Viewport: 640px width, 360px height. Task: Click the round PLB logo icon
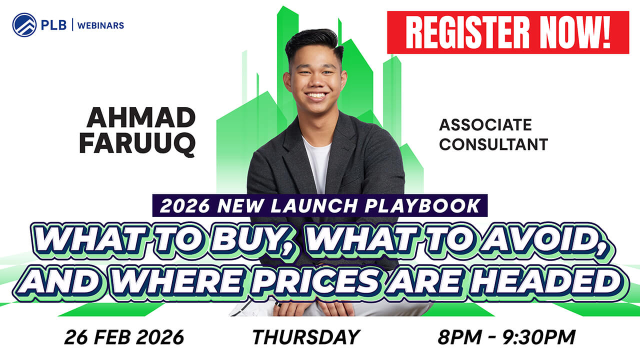(24, 24)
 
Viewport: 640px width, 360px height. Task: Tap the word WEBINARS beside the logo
(102, 25)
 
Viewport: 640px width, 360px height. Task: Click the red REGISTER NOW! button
(507, 32)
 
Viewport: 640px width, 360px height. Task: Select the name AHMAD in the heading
(141, 118)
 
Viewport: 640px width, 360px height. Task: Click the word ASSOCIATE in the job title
(485, 124)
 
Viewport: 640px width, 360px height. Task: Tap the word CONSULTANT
(493, 144)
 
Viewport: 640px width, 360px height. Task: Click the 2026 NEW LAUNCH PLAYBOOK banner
(320, 205)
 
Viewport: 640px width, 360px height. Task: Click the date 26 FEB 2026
(123, 337)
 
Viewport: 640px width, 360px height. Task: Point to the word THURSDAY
(305, 337)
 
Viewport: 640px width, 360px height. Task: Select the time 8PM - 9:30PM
(506, 337)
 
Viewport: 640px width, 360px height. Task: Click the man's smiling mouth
(315, 95)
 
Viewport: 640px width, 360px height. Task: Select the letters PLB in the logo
(54, 25)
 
